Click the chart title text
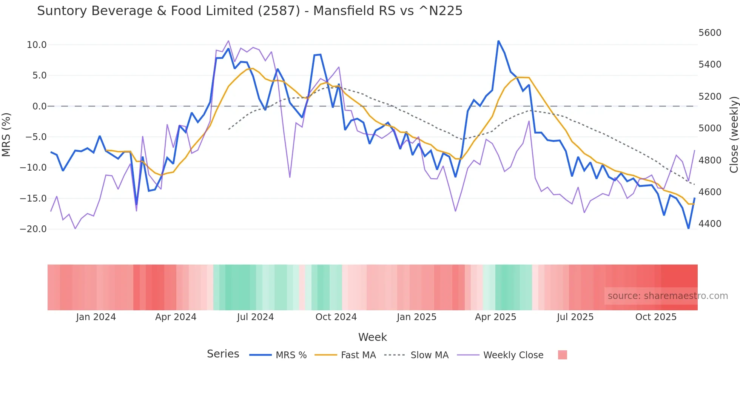click(250, 11)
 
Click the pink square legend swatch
click(562, 355)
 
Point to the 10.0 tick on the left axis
click(37, 45)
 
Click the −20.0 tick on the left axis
click(33, 229)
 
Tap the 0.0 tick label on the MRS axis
click(39, 106)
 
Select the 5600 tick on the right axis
click(710, 33)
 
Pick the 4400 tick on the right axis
click(710, 224)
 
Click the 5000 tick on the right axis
click(710, 128)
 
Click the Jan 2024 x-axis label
click(96, 317)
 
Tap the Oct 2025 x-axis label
click(656, 317)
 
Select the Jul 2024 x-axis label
click(255, 317)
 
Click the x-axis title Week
click(372, 337)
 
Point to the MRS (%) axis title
click(6, 134)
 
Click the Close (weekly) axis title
click(734, 134)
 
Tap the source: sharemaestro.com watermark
click(668, 296)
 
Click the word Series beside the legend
click(223, 354)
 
